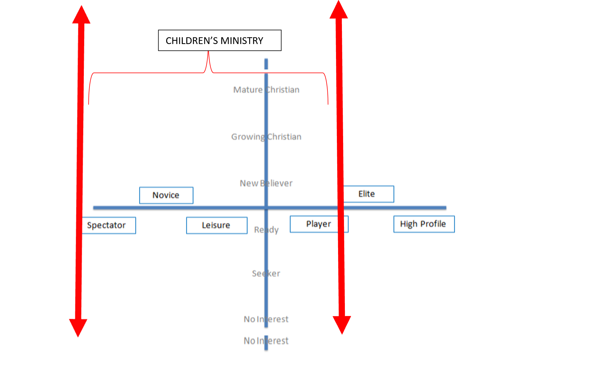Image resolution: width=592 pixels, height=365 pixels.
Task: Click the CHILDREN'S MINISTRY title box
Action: click(x=220, y=40)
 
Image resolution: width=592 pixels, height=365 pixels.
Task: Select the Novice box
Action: click(x=166, y=195)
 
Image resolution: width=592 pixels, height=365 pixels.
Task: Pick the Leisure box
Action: click(x=217, y=226)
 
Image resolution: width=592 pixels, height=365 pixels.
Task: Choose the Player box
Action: click(x=319, y=224)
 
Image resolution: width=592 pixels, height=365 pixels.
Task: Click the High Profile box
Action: click(x=424, y=224)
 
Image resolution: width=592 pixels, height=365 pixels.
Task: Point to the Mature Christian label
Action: click(x=266, y=90)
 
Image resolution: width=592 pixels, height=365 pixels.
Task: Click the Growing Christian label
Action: click(x=266, y=137)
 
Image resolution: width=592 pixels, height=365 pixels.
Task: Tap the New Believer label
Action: click(x=266, y=183)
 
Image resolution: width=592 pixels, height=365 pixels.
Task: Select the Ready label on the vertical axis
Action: click(x=266, y=230)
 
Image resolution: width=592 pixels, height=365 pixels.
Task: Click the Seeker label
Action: click(x=266, y=274)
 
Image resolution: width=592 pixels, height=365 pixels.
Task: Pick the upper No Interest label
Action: click(x=266, y=319)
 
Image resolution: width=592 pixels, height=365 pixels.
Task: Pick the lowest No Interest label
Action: click(x=266, y=341)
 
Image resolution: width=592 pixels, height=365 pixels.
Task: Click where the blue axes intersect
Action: click(x=266, y=208)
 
